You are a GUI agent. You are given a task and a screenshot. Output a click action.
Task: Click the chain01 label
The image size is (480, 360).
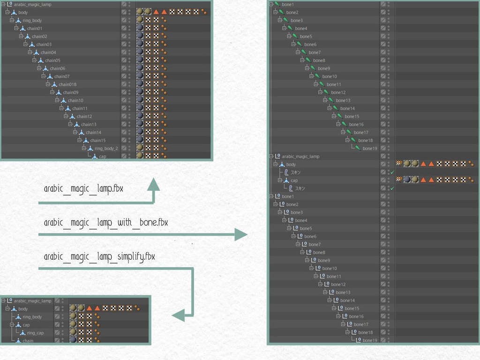tap(34, 29)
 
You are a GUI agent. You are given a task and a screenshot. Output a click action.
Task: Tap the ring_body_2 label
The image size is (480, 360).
tap(106, 148)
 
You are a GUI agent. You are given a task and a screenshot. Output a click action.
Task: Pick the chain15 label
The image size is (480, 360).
tap(97, 140)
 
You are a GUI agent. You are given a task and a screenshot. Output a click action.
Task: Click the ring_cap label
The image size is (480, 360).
tap(35, 333)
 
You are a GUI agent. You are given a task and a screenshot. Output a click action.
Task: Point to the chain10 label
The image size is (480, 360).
tap(75, 100)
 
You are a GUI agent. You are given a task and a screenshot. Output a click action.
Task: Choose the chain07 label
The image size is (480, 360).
tap(61, 76)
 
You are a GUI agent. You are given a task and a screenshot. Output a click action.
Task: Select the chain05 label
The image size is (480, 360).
tap(52, 60)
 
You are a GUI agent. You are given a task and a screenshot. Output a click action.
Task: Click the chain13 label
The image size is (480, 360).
tap(89, 124)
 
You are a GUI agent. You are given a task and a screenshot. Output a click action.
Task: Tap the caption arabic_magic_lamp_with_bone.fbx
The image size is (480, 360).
tap(105, 222)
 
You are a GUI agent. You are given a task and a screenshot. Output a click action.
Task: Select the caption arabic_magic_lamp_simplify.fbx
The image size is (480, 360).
tap(99, 256)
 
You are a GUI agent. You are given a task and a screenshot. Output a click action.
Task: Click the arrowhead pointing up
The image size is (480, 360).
tap(154, 185)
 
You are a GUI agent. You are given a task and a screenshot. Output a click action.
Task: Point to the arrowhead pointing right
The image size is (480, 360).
tap(240, 234)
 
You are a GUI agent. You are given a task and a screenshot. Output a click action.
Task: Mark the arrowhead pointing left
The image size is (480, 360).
tap(179, 315)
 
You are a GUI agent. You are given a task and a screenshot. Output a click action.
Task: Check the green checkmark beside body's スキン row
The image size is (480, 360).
tap(392, 172)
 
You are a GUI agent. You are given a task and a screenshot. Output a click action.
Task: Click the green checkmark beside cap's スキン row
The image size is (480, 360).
tap(392, 188)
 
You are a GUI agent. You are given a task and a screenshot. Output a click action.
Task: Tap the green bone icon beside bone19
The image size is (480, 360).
tap(358, 148)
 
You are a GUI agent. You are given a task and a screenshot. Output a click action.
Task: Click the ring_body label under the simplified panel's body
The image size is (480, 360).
tap(32, 317)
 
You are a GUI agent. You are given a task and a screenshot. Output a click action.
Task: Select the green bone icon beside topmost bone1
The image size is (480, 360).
tap(277, 4)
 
